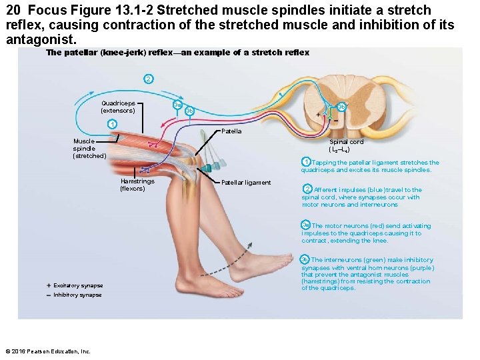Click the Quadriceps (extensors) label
(118, 107)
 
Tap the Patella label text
(231, 131)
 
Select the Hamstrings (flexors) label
(137, 185)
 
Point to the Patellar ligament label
(246, 183)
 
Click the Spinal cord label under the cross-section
(347, 146)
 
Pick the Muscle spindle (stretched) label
(89, 149)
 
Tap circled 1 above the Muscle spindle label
(113, 125)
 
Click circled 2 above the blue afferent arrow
(148, 79)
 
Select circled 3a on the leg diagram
(177, 105)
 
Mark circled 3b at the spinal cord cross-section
(341, 107)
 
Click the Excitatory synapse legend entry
(77, 285)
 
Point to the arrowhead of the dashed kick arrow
(251, 245)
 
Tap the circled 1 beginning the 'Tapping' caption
(305, 162)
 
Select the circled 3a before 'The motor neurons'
(305, 225)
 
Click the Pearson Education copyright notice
(47, 351)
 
